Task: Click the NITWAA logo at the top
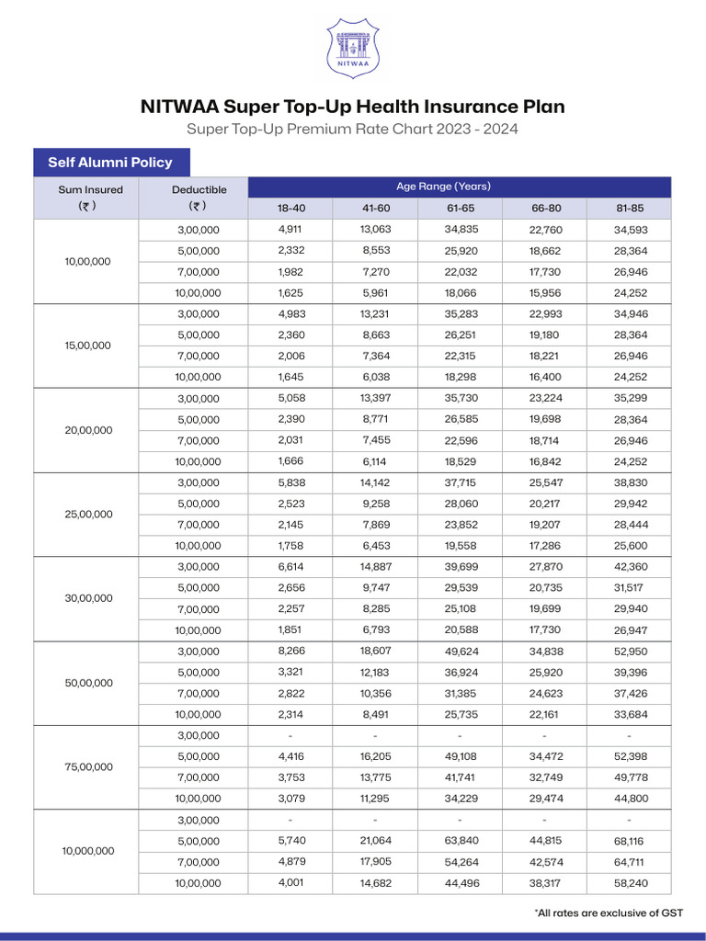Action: click(x=353, y=49)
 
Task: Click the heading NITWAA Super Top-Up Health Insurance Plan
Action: click(x=353, y=107)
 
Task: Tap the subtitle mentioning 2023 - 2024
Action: click(x=353, y=129)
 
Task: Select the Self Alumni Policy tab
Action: click(x=110, y=162)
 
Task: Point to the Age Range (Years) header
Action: click(x=443, y=187)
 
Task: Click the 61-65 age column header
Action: click(x=460, y=209)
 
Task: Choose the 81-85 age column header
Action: click(x=630, y=209)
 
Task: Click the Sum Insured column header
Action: click(x=86, y=198)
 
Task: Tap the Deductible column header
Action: click(x=199, y=198)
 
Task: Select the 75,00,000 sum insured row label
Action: click(x=88, y=767)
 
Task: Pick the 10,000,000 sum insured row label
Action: click(x=88, y=851)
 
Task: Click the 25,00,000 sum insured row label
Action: click(x=88, y=515)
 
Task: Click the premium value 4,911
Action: click(x=290, y=230)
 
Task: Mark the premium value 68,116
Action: click(x=630, y=842)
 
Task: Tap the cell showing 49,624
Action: click(x=460, y=652)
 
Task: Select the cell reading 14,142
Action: click(x=375, y=482)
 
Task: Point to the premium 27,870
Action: click(x=544, y=567)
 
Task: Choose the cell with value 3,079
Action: click(x=290, y=799)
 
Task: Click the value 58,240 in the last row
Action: click(x=630, y=883)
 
